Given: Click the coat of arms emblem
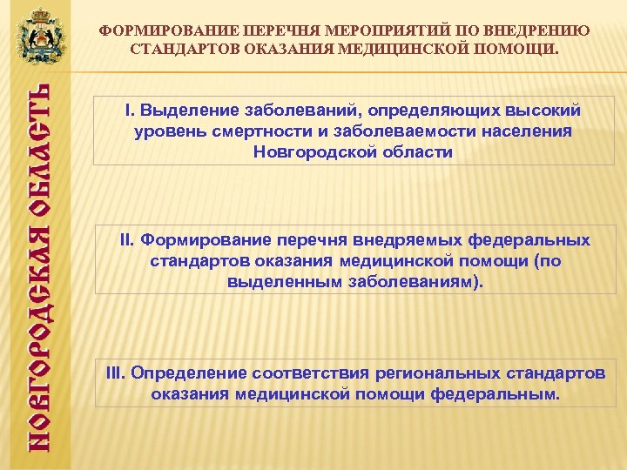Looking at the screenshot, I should pyautogui.click(x=39, y=37).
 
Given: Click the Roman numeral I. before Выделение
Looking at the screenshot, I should pyautogui.click(x=130, y=111).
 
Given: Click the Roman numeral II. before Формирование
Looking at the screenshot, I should pyautogui.click(x=128, y=239).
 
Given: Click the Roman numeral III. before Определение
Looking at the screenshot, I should pyautogui.click(x=116, y=373).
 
